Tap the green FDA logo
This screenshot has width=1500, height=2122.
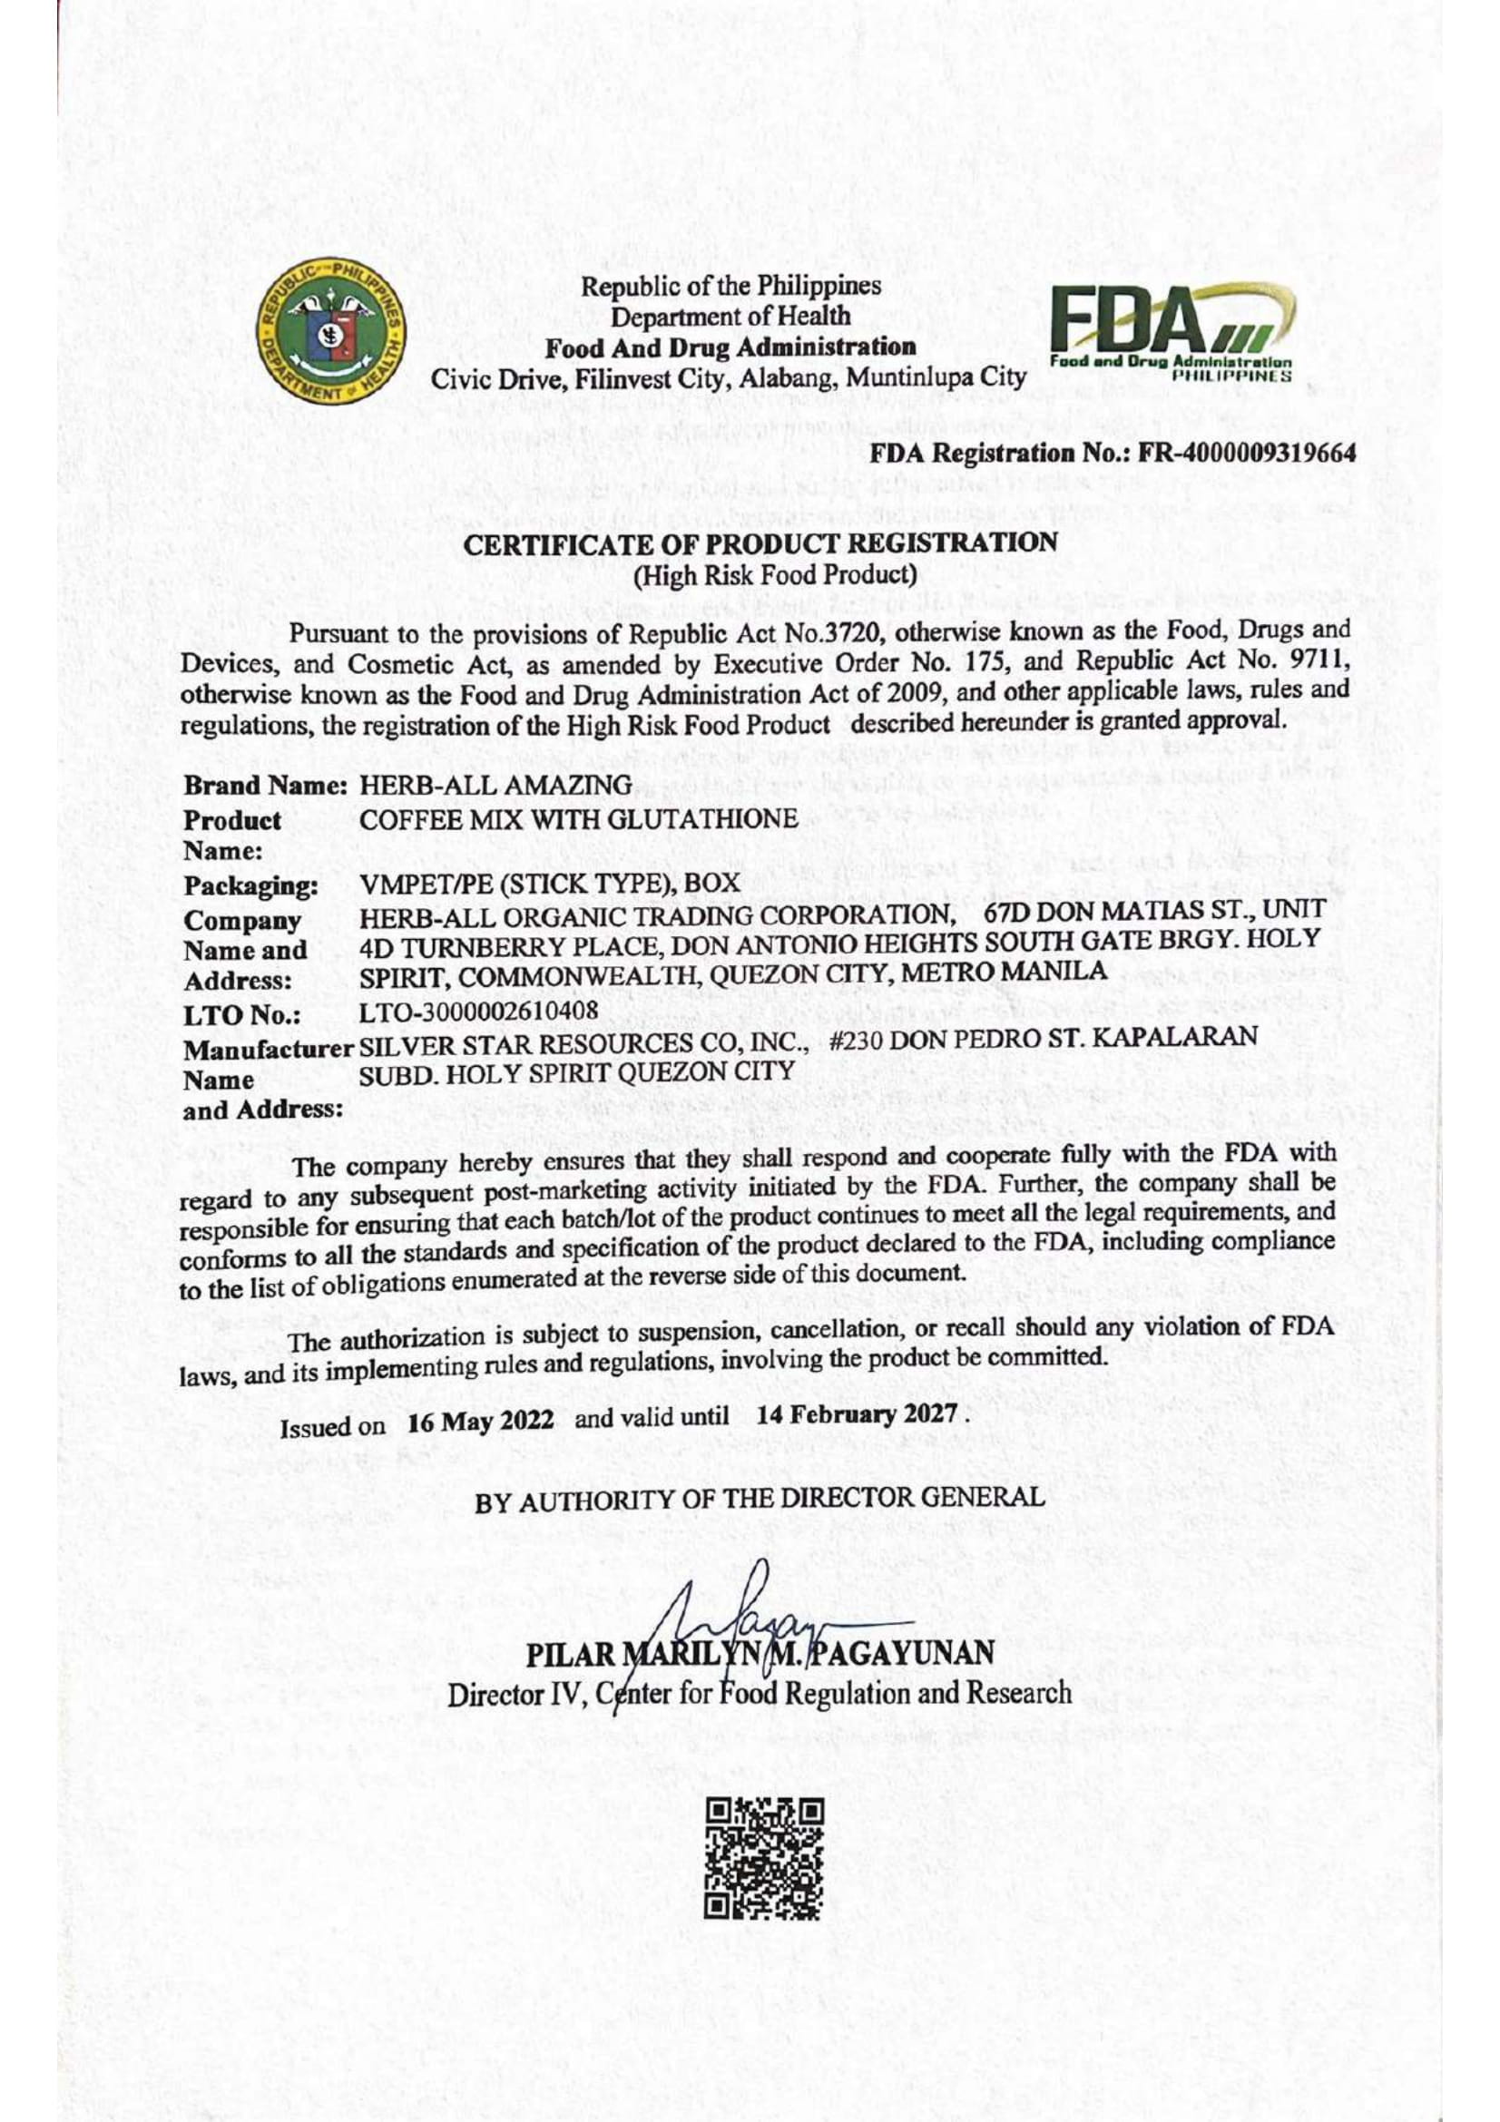1170,334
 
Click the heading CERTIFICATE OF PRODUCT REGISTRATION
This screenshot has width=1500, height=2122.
760,544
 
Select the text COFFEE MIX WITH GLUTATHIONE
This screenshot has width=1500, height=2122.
579,820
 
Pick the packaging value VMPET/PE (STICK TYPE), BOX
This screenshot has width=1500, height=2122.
550,884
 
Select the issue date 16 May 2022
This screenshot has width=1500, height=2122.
481,1423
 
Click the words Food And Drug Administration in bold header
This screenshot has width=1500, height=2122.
730,348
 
